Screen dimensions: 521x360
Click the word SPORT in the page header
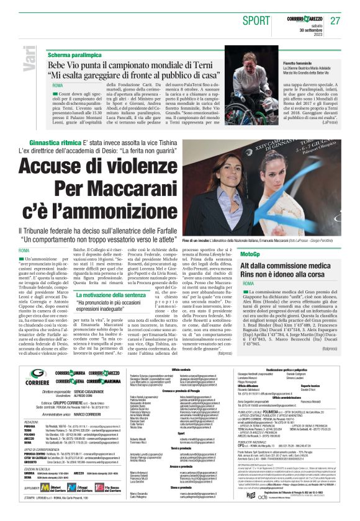click(256, 20)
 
